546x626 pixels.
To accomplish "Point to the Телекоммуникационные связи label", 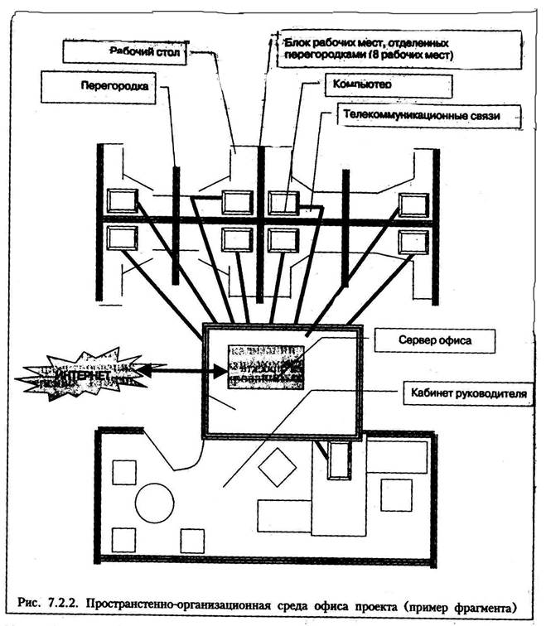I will coord(420,115).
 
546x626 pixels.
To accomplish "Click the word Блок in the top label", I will coord(297,41).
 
